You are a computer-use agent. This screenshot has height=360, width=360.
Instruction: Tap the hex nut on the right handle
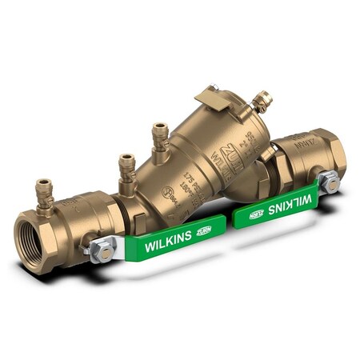[329, 185]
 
